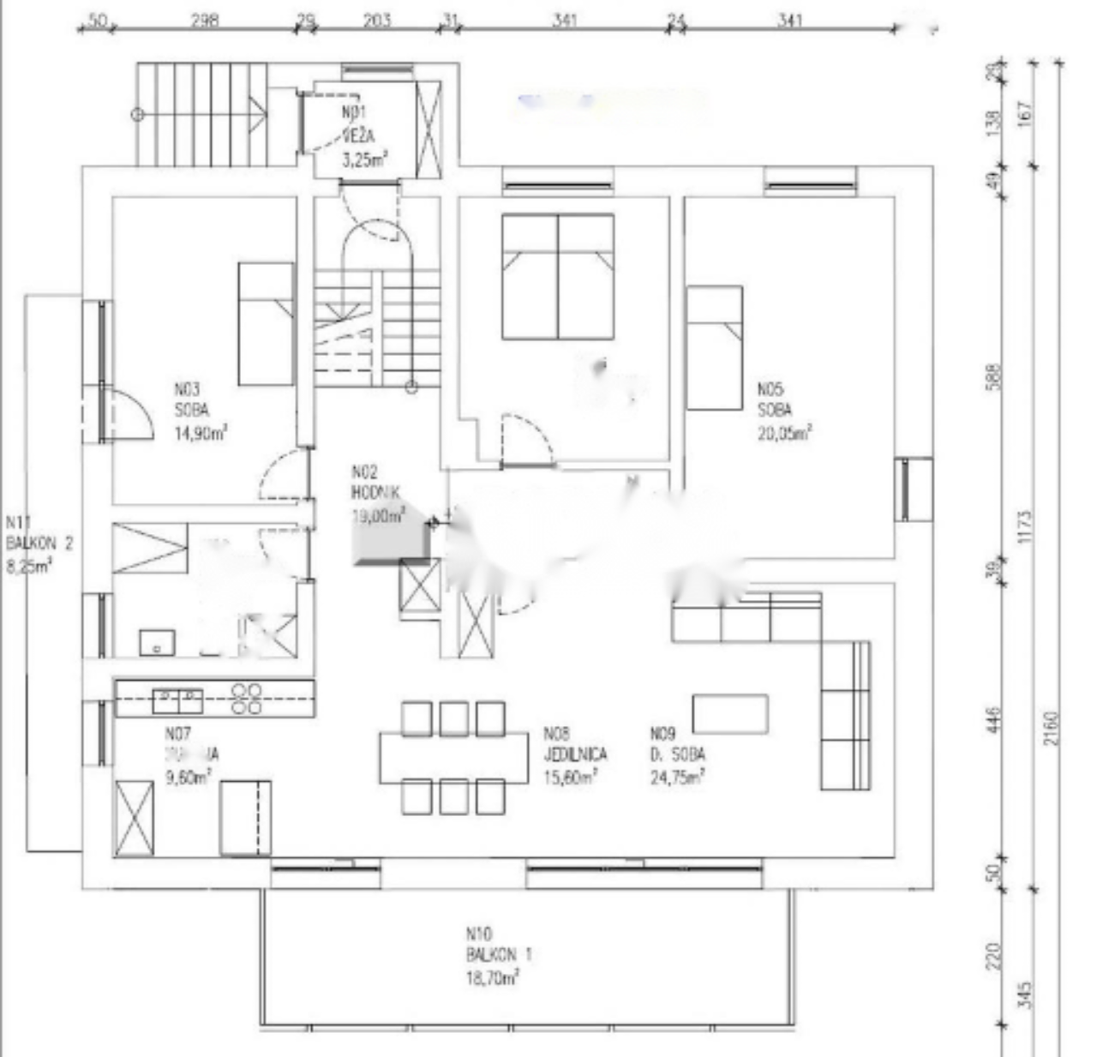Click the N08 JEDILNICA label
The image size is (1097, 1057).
[574, 755]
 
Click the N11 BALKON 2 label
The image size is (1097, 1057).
[39, 544]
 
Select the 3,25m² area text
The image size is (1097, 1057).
[364, 159]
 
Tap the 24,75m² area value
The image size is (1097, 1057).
[677, 778]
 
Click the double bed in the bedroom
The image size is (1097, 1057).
[558, 276]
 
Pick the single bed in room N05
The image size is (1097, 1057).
[714, 347]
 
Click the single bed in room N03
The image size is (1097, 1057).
[266, 323]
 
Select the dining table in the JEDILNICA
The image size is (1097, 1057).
[454, 757]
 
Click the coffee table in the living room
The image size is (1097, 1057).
[729, 714]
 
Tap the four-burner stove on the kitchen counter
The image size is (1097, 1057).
[247, 698]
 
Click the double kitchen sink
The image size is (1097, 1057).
[177, 700]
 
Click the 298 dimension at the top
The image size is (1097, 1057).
[204, 20]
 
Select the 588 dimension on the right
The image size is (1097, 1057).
[993, 377]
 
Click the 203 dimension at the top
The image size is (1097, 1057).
[377, 20]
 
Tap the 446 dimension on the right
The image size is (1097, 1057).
[993, 720]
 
